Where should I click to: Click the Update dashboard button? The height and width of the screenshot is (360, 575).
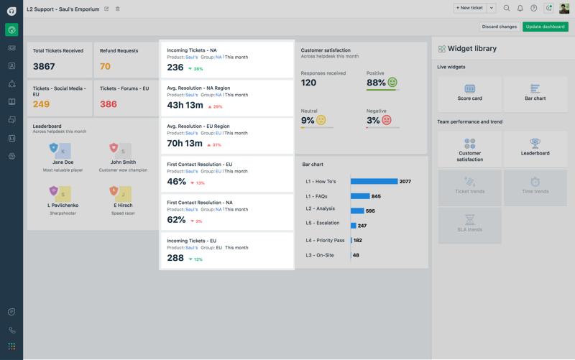click(x=545, y=27)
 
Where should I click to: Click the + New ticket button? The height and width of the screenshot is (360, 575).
click(x=469, y=8)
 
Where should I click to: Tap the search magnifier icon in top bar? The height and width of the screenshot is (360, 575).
click(x=507, y=8)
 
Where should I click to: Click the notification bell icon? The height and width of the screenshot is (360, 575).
click(x=520, y=8)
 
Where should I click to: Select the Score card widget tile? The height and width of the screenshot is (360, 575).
click(x=469, y=93)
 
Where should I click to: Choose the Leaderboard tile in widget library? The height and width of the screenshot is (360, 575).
click(x=535, y=147)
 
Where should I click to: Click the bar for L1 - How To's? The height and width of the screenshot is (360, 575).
click(x=374, y=181)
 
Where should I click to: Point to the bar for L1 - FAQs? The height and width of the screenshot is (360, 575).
click(x=360, y=196)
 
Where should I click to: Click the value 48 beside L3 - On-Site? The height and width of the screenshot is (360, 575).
click(x=356, y=255)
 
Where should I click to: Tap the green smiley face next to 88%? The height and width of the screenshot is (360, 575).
click(x=392, y=83)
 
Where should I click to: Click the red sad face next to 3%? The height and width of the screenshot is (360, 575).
click(x=387, y=121)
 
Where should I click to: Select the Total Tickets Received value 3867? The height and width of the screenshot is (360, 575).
click(x=44, y=66)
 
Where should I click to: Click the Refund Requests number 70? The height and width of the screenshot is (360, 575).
click(x=105, y=66)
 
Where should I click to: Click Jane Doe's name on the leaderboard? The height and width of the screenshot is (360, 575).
click(x=63, y=162)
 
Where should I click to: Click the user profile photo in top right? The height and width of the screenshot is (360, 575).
click(x=564, y=8)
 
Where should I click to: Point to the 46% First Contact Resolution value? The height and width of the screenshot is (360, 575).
click(x=177, y=182)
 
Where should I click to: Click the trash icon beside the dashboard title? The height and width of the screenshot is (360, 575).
click(x=118, y=9)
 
